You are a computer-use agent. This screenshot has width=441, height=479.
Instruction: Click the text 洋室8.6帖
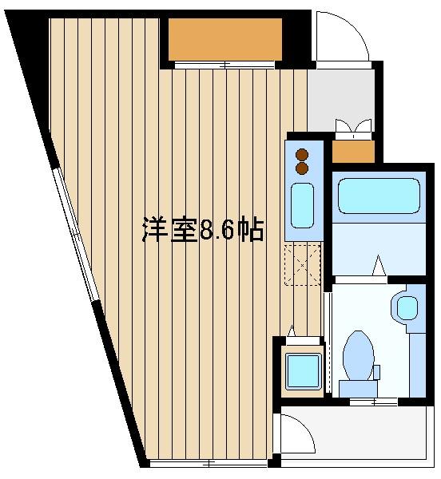203,230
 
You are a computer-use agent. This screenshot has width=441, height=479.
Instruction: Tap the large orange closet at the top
224,39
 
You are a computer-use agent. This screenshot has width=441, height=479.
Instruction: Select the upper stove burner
302,155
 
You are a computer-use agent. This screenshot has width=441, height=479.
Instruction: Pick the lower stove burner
302,168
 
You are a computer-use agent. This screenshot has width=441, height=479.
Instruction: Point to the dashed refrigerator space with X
303,265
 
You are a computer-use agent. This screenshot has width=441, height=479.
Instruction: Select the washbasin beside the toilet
407,306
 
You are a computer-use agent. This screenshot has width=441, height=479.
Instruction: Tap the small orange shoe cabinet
352,152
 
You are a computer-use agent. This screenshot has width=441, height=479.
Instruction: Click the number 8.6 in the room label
216,230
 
